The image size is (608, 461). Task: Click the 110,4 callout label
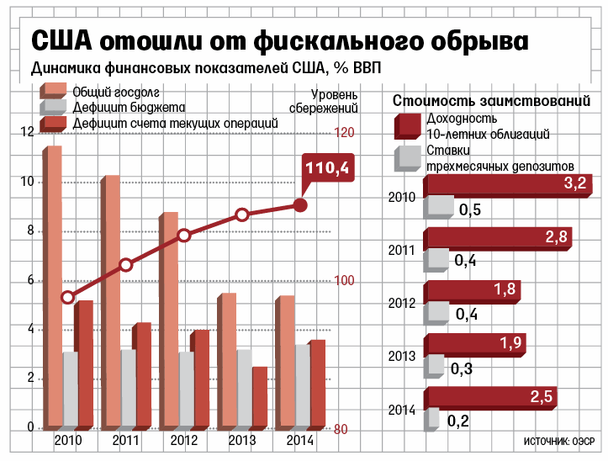(326, 169)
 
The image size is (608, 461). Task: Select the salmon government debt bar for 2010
(53, 286)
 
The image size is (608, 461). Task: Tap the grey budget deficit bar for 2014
(300, 386)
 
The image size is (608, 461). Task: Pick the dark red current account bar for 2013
(259, 397)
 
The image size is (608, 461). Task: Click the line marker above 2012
(184, 236)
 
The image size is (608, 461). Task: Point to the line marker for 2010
(68, 297)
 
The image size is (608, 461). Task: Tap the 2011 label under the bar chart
(125, 441)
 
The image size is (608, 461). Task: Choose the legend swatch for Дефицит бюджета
(53, 108)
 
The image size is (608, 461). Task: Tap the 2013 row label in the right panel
(402, 356)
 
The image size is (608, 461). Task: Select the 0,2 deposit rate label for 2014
(457, 421)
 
